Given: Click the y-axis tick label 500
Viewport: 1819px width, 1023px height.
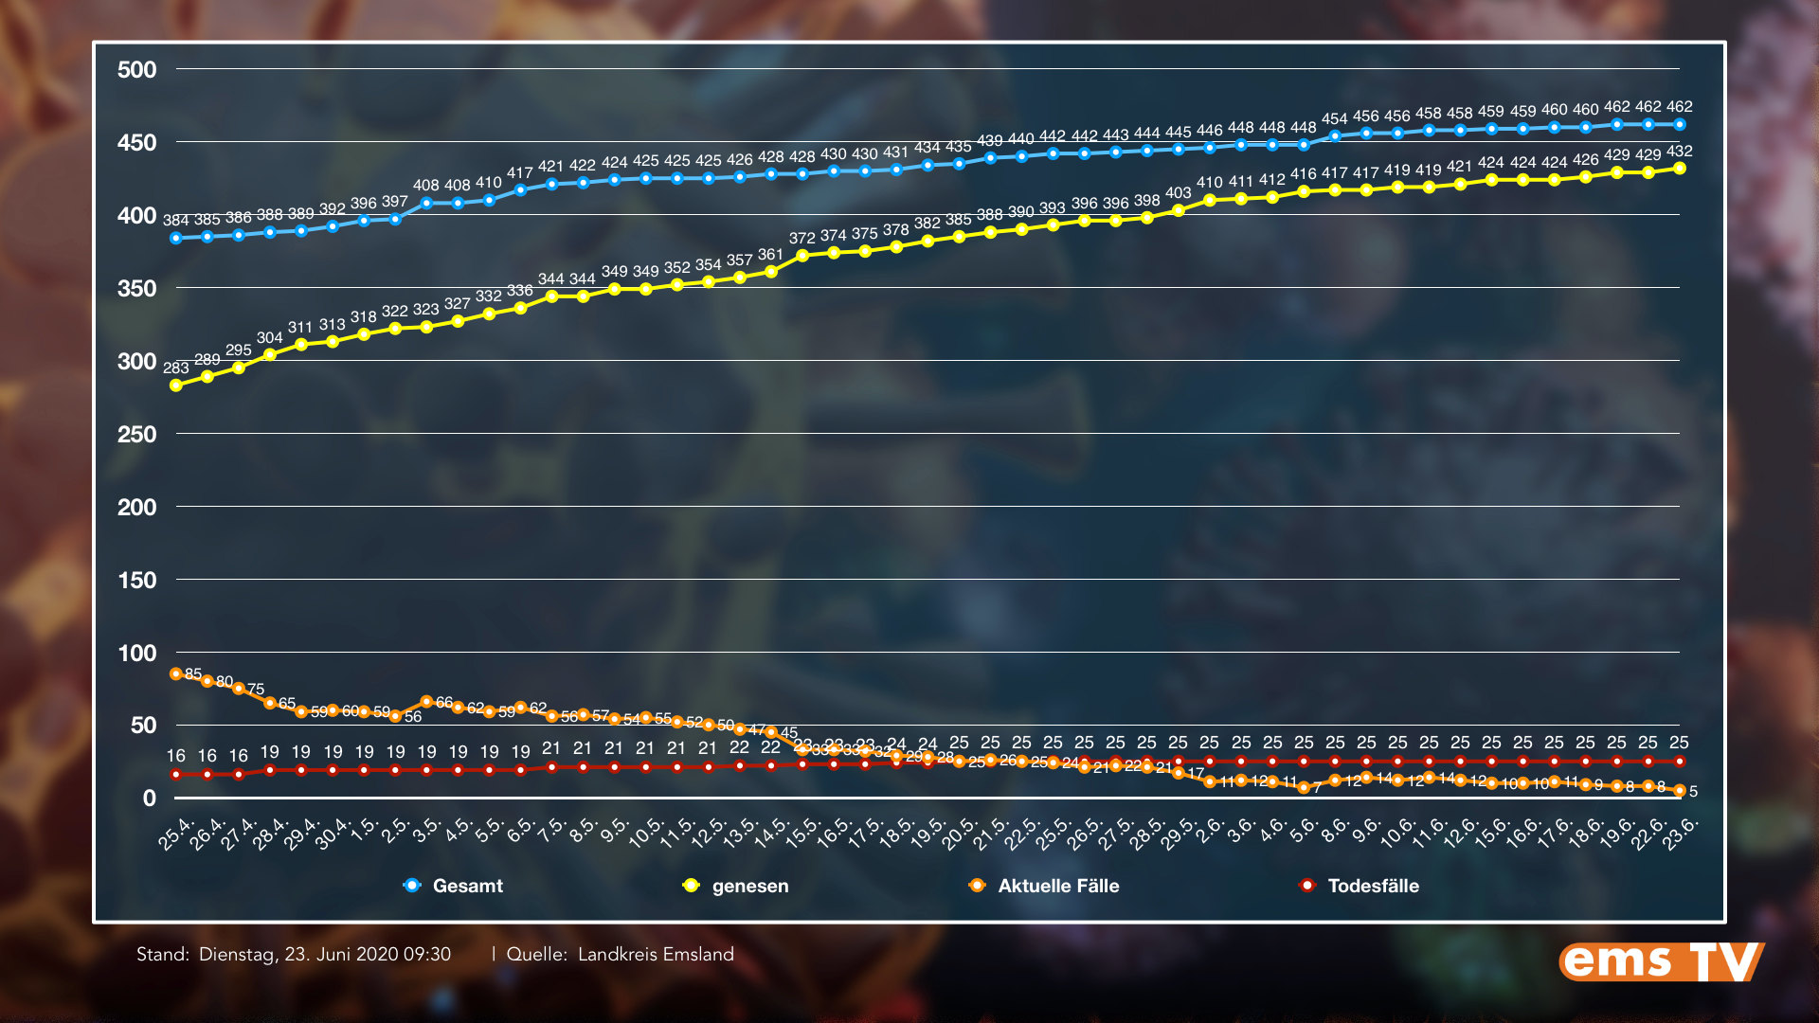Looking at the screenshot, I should point(137,70).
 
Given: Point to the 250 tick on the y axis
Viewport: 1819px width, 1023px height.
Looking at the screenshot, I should point(137,435).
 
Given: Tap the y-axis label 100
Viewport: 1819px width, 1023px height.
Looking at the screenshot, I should point(137,654).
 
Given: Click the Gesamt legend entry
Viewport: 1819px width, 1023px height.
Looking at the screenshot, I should point(467,886).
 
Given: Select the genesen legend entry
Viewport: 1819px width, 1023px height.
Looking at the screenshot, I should point(749,886).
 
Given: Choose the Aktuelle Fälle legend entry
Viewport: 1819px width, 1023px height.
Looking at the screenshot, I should point(1058,886).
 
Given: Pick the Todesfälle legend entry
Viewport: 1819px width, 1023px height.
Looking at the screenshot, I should point(1373,886).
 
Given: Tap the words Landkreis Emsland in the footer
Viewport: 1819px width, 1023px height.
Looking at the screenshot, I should point(656,954).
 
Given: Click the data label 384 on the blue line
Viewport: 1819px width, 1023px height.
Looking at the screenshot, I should point(175,221).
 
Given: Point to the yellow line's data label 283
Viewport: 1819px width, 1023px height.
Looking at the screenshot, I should point(175,368).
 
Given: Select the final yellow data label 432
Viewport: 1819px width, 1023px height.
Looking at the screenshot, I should point(1679,152).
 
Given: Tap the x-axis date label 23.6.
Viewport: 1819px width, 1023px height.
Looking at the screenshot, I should point(1682,833).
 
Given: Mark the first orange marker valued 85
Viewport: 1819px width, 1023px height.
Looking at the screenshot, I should point(176,674).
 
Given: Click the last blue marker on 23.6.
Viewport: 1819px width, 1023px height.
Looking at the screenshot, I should point(1680,125).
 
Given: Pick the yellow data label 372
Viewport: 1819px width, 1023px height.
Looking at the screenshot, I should point(801,238).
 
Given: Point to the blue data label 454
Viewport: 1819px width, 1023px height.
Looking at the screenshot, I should point(1334,119).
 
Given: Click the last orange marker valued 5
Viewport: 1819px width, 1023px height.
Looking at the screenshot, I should point(1680,790).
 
